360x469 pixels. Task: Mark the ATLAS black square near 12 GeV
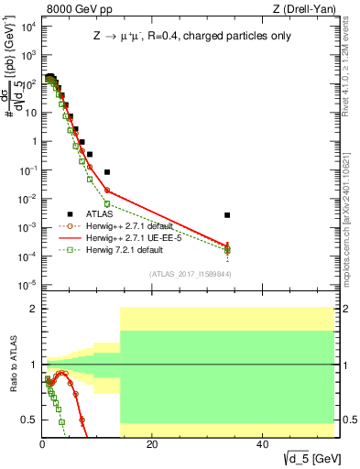click(107, 172)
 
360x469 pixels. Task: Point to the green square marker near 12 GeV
click(107, 203)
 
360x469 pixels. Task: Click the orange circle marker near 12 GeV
click(107, 191)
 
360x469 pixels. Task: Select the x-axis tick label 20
click(152, 443)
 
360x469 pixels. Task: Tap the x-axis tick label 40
click(261, 443)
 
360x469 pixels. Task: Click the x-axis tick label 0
click(42, 443)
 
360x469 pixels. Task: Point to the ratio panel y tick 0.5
click(31, 420)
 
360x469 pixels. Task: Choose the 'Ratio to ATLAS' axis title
click(12, 364)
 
